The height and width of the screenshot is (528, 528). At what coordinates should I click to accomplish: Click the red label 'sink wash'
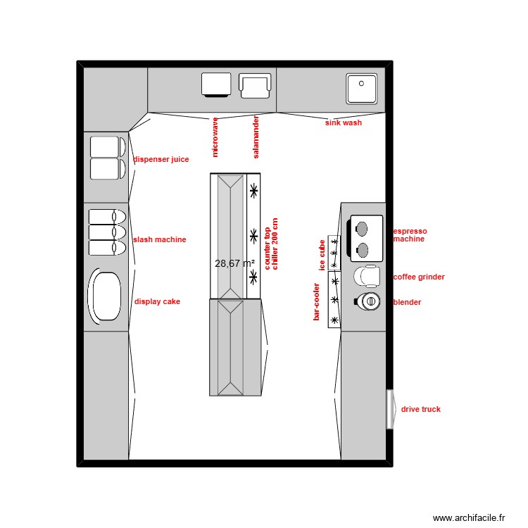(x=343, y=122)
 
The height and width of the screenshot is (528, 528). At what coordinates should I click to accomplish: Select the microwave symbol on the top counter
(x=216, y=84)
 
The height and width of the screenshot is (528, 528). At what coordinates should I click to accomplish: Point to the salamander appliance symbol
(x=254, y=85)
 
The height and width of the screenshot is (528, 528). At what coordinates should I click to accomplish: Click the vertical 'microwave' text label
(x=215, y=137)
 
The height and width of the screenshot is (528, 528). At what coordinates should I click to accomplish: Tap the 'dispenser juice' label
(x=161, y=159)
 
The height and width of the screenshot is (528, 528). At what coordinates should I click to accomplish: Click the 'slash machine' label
(x=160, y=239)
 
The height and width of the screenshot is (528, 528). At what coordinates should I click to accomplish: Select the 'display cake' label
(x=157, y=301)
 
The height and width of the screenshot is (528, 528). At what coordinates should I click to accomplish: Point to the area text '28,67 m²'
(x=234, y=263)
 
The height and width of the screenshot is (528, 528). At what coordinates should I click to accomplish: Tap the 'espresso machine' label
(x=410, y=235)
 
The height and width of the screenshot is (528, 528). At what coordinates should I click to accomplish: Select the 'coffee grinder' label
(x=419, y=277)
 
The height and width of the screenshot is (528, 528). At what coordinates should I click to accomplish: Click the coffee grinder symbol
(x=367, y=276)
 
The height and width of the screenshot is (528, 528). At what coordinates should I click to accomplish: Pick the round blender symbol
(x=368, y=301)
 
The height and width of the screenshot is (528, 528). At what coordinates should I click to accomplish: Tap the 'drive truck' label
(x=421, y=409)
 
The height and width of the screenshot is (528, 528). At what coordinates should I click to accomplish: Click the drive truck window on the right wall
(x=389, y=409)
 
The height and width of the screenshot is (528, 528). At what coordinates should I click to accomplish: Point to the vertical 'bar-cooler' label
(x=317, y=302)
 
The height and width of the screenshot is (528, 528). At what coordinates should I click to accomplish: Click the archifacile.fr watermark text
(x=469, y=517)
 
